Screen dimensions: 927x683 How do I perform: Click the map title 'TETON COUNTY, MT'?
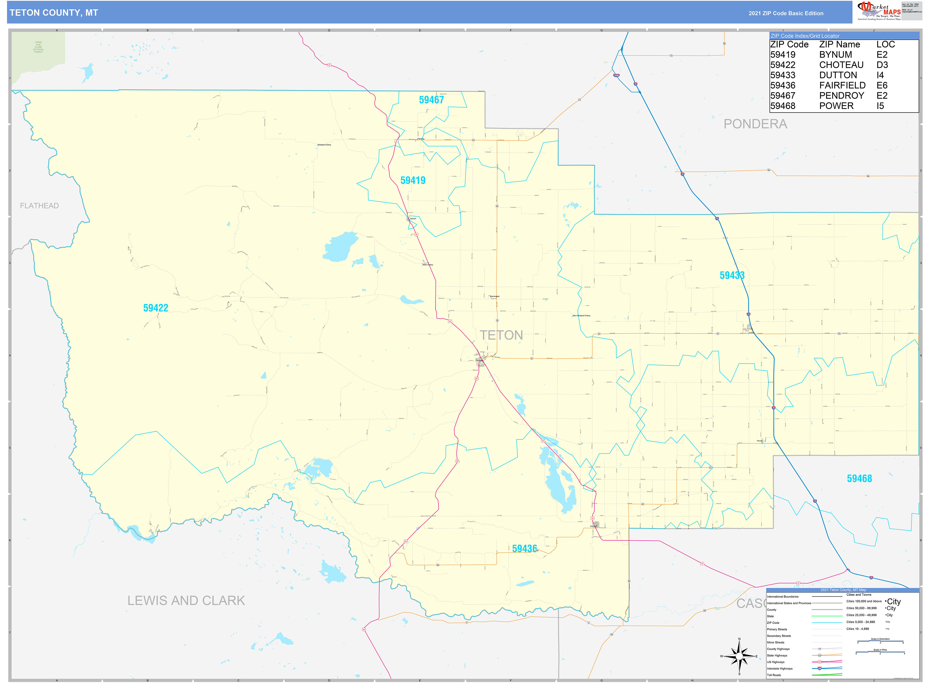pos(54,13)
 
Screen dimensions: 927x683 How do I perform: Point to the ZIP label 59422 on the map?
pos(156,308)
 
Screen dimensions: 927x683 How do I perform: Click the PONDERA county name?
pos(755,124)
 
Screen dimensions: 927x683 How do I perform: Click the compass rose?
pos(739,656)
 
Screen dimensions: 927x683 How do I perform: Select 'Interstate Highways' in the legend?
pos(779,669)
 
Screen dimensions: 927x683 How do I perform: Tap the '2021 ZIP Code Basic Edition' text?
pos(786,13)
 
